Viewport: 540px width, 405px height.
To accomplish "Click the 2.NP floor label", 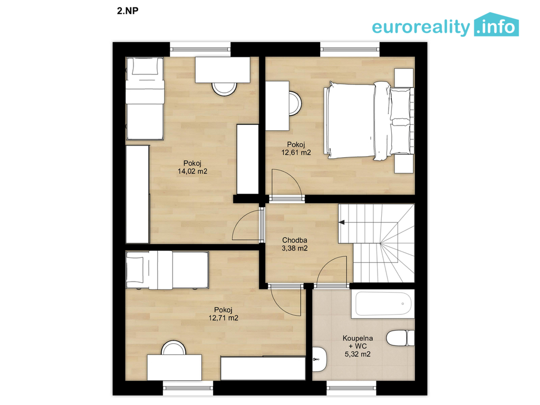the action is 128,11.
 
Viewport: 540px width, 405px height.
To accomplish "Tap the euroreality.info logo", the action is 445,25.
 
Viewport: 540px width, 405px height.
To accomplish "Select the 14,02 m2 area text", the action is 192,171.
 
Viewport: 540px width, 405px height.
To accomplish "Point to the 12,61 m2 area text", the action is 296,152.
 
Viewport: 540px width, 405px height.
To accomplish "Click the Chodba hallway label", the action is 294,240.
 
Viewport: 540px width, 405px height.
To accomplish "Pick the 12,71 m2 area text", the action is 223,318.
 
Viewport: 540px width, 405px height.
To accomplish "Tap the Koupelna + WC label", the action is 358,342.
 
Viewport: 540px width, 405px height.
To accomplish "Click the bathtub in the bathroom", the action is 383,304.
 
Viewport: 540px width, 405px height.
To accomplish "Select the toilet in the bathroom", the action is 400,338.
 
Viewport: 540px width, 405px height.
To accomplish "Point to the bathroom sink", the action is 319,359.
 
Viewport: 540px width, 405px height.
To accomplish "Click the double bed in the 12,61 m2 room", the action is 369,121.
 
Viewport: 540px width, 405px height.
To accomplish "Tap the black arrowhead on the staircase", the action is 342,223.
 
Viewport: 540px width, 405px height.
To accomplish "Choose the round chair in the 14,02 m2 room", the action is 224,89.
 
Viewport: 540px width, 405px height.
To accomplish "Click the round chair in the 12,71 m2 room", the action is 174,348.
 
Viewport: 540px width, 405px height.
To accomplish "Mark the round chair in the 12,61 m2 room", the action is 295,103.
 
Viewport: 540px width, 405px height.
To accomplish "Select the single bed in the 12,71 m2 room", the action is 167,270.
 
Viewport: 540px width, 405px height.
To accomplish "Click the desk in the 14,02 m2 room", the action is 223,70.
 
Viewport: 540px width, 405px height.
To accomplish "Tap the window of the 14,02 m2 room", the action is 200,49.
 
